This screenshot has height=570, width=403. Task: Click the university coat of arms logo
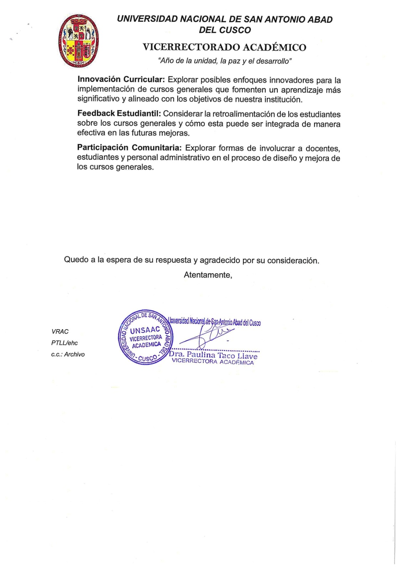tap(79, 41)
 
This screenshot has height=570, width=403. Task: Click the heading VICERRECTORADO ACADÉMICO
tap(224, 47)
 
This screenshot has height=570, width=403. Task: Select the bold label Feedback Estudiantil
tap(119, 114)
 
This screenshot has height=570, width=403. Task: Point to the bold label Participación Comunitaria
tap(129, 147)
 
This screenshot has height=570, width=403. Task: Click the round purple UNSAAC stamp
tap(145, 337)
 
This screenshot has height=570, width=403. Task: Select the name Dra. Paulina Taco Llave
tap(213, 355)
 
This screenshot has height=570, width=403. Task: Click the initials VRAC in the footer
tap(60, 331)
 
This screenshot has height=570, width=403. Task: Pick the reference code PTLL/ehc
tap(64, 343)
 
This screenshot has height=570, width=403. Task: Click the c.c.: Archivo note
tap(68, 354)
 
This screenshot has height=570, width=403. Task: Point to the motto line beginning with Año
tap(224, 61)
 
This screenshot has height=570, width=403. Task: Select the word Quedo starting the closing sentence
tap(76, 259)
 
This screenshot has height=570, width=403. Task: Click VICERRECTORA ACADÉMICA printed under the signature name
tap(213, 362)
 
